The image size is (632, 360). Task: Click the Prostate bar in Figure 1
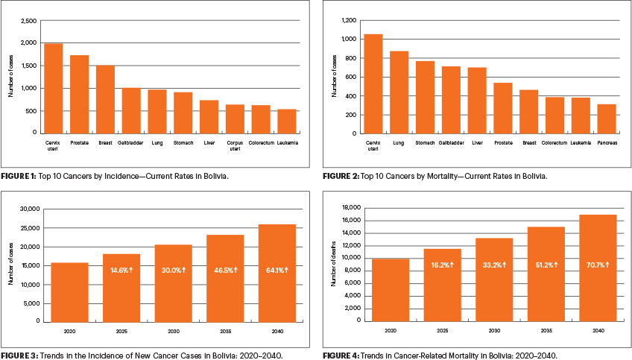tap(79, 94)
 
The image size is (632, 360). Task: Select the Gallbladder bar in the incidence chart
tap(131, 110)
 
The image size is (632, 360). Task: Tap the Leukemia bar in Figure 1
tap(286, 121)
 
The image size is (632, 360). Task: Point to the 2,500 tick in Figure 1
tap(28, 21)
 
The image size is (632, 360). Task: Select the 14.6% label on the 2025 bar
tap(121, 269)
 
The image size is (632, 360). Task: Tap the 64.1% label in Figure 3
tap(276, 269)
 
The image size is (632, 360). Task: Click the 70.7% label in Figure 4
tap(597, 265)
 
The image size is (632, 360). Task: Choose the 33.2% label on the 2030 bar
tap(493, 265)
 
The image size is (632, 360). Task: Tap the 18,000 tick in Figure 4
tap(350, 207)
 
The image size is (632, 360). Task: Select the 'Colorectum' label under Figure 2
tap(554, 142)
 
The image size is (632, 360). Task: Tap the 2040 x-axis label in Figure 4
tap(597, 329)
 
